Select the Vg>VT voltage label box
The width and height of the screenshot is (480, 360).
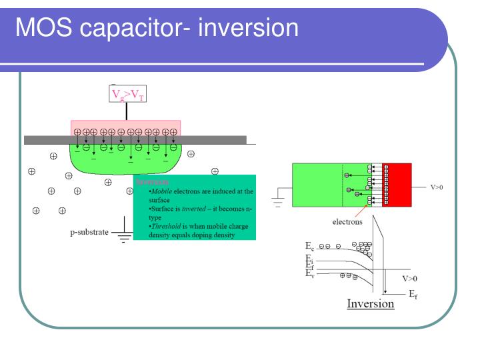(x=127, y=95)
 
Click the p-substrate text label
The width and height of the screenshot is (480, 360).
(x=89, y=234)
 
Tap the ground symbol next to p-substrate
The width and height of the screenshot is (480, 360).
(x=122, y=237)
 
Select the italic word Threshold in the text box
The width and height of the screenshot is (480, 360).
(x=165, y=227)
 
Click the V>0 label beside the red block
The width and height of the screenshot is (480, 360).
(x=437, y=187)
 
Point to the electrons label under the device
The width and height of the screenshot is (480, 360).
(x=348, y=221)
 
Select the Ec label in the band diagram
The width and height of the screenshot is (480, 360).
(x=309, y=247)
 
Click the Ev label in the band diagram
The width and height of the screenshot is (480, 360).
(x=309, y=274)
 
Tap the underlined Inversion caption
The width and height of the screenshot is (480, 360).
(x=370, y=304)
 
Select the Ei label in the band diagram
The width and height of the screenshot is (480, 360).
(x=309, y=259)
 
